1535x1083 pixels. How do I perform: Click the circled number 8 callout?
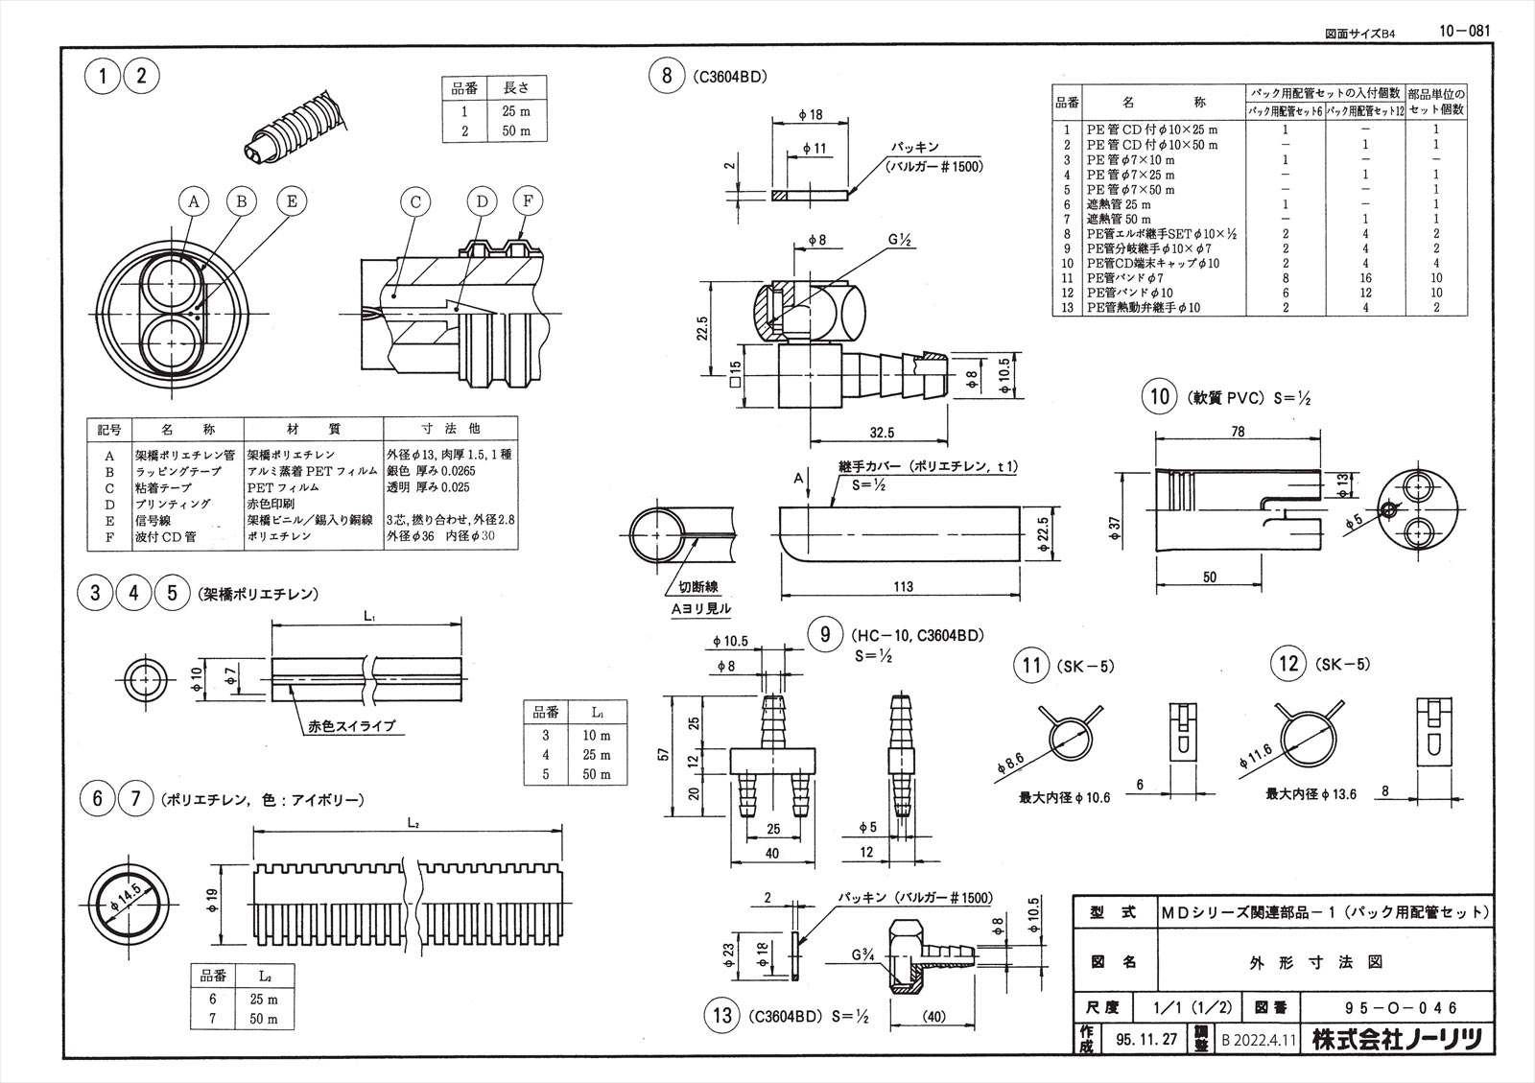click(667, 76)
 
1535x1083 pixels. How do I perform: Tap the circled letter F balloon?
click(527, 201)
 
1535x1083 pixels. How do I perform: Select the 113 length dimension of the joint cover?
click(902, 586)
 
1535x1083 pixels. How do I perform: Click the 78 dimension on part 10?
click(1238, 432)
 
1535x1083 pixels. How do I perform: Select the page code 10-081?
click(1464, 31)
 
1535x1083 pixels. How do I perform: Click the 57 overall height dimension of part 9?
click(675, 757)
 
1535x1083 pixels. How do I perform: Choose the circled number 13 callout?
click(722, 1014)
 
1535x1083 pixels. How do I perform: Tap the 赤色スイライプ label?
click(350, 726)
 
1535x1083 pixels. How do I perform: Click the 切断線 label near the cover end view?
click(699, 587)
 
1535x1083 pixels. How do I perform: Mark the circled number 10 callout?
click(1160, 396)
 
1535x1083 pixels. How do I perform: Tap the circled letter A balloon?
click(194, 201)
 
